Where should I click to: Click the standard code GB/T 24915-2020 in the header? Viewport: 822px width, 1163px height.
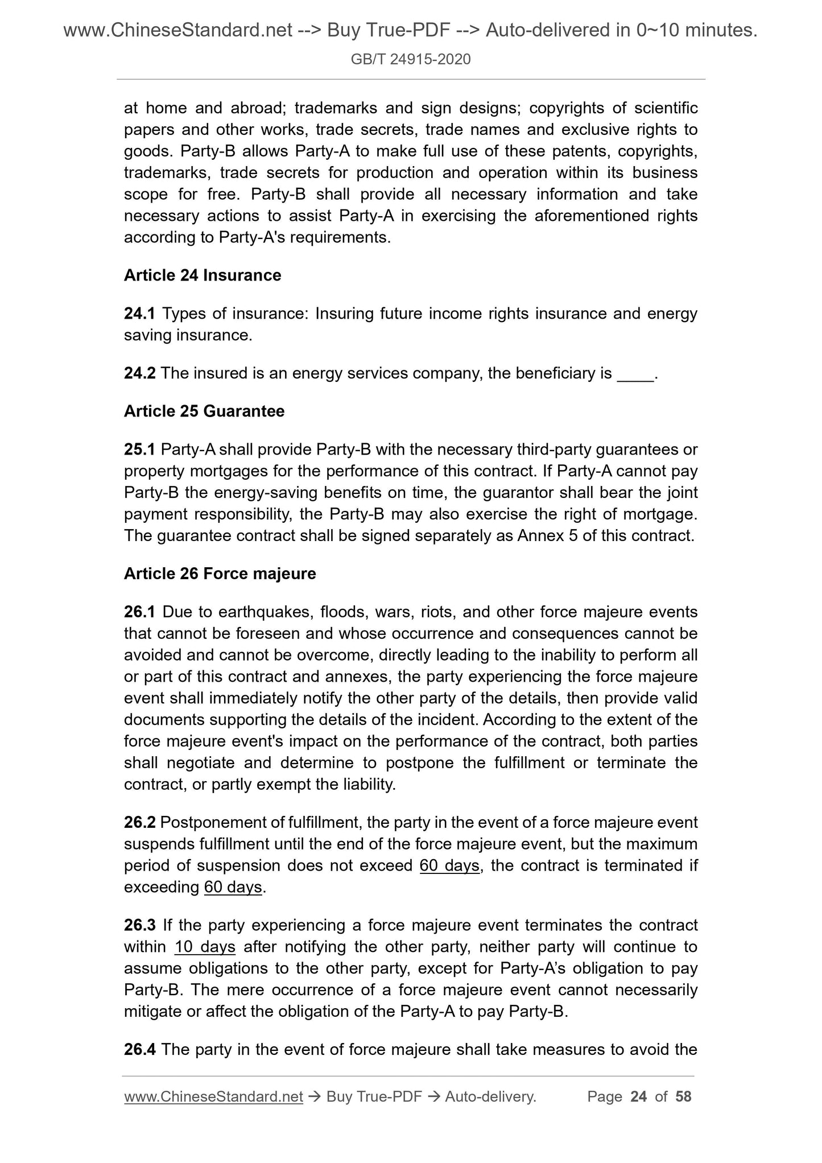411,59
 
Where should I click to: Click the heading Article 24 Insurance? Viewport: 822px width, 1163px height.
203,275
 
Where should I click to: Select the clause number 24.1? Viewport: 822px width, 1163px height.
139,314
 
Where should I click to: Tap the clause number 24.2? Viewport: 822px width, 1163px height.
139,373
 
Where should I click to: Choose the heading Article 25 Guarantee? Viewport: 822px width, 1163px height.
204,411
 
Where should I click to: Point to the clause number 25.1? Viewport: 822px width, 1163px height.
139,449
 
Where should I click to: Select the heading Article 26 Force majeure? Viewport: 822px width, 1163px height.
220,574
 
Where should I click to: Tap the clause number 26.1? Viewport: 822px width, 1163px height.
139,612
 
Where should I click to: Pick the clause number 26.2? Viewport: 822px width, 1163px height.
139,822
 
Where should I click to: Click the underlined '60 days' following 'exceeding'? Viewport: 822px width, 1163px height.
233,887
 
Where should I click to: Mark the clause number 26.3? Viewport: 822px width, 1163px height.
139,925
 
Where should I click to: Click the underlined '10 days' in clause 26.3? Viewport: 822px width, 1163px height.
205,947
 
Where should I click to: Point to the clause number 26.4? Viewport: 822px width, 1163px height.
139,1049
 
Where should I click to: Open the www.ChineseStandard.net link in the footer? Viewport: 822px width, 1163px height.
213,1096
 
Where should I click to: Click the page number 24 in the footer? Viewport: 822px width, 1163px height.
639,1096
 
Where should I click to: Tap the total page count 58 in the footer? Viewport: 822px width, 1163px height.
683,1096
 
